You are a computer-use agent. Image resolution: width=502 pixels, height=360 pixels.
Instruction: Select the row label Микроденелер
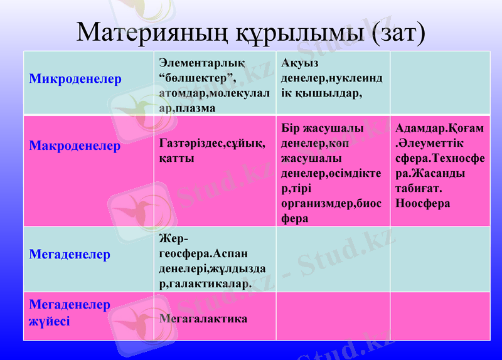(x=75, y=80)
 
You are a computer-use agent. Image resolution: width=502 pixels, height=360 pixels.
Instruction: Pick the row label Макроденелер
(x=75, y=146)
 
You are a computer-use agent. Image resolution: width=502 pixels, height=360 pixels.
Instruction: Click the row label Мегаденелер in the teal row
(x=70, y=254)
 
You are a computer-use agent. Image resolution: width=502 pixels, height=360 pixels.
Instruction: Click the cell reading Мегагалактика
(x=203, y=319)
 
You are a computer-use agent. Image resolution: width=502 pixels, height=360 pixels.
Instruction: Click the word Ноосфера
(x=423, y=203)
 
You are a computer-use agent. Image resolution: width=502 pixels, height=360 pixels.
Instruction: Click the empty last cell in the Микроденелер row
(x=440, y=83)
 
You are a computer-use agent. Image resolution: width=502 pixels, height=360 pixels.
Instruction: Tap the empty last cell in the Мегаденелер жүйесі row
(x=440, y=316)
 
